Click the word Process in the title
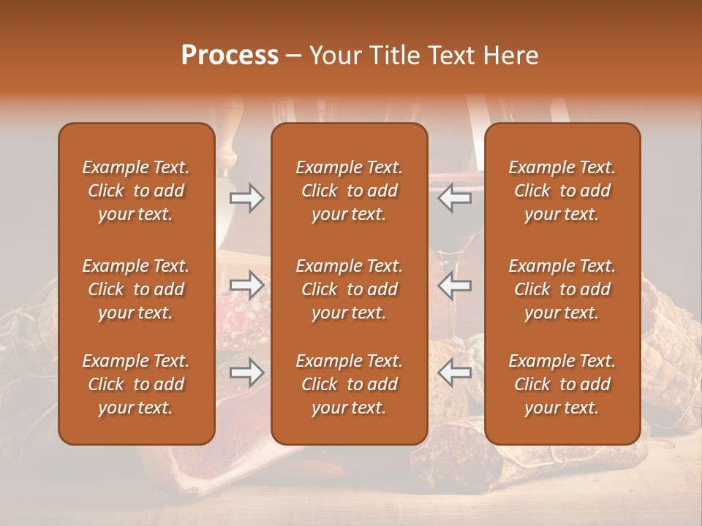230,56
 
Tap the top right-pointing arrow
246,198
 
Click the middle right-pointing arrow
246,285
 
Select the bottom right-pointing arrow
246,373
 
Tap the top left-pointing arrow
455,198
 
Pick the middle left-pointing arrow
455,285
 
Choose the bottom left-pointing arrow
455,373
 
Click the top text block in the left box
136,191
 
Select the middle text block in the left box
136,289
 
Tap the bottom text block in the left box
136,384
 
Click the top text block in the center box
350,191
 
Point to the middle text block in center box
350,289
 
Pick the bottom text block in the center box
350,384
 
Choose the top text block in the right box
562,191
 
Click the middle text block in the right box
562,289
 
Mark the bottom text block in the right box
562,384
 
